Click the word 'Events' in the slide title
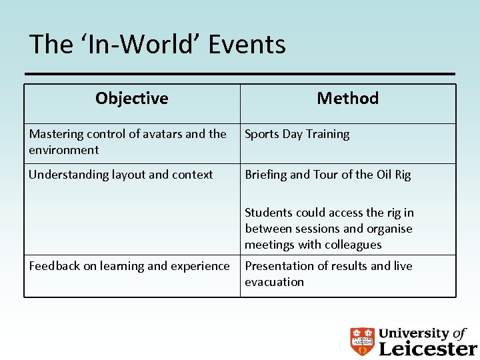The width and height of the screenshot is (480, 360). [247, 45]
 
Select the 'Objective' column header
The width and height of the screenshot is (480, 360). [131, 99]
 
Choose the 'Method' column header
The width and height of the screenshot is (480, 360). [347, 99]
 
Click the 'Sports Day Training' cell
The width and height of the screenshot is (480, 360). [297, 134]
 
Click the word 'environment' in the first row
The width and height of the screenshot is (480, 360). [63, 150]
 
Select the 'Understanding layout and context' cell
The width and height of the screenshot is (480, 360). [121, 175]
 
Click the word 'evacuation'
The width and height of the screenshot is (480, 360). [274, 282]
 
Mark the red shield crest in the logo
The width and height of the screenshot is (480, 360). [363, 341]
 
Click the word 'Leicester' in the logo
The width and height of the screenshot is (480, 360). [427, 347]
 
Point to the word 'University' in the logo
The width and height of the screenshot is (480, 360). [413, 333]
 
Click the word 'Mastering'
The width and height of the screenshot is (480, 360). [55, 134]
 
